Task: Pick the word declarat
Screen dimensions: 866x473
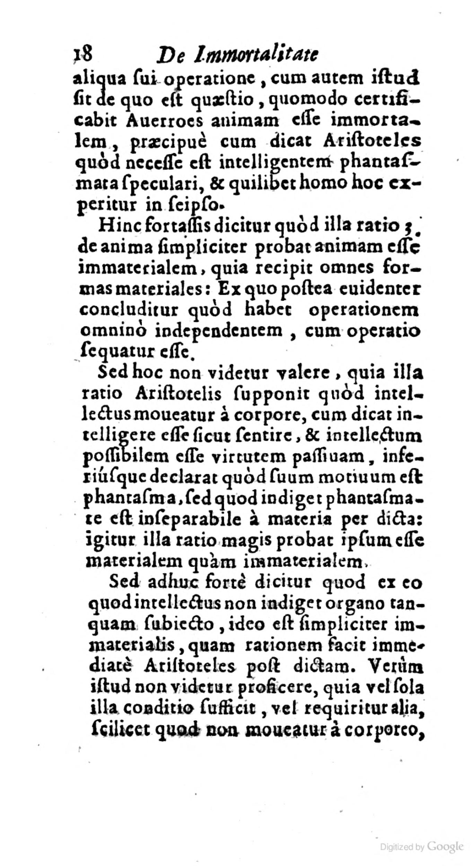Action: tap(184, 479)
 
